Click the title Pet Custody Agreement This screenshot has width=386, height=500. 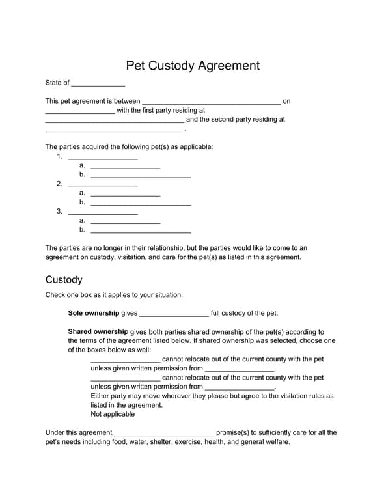193,66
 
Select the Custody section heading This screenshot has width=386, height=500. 64,280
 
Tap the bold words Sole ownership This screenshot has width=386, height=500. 94,313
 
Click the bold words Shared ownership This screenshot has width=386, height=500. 98,331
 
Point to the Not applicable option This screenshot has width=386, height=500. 113,414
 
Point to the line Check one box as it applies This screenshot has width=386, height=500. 114,295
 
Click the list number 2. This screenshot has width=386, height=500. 59,184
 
